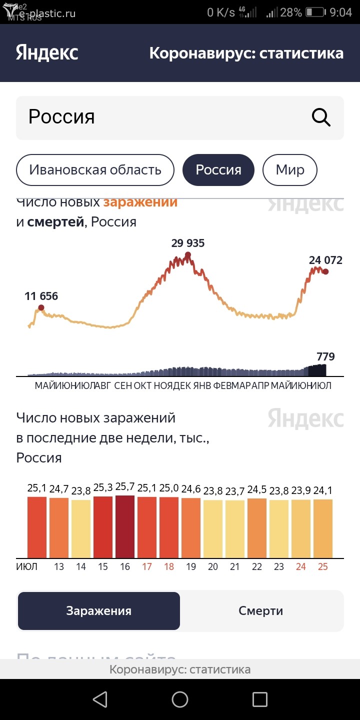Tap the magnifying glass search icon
[321, 117]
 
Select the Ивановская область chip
[95, 170]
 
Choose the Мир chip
[290, 170]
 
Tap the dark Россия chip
[218, 170]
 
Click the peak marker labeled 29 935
[188, 255]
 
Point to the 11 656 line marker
[41, 308]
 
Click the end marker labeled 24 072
[325, 271]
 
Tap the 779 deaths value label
[325, 357]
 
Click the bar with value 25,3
[103, 527]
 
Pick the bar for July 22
[257, 528]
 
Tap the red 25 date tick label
[323, 567]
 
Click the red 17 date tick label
[147, 567]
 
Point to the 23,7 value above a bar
[235, 490]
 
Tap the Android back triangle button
[100, 699]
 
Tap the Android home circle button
[180, 699]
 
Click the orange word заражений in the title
[140, 202]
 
